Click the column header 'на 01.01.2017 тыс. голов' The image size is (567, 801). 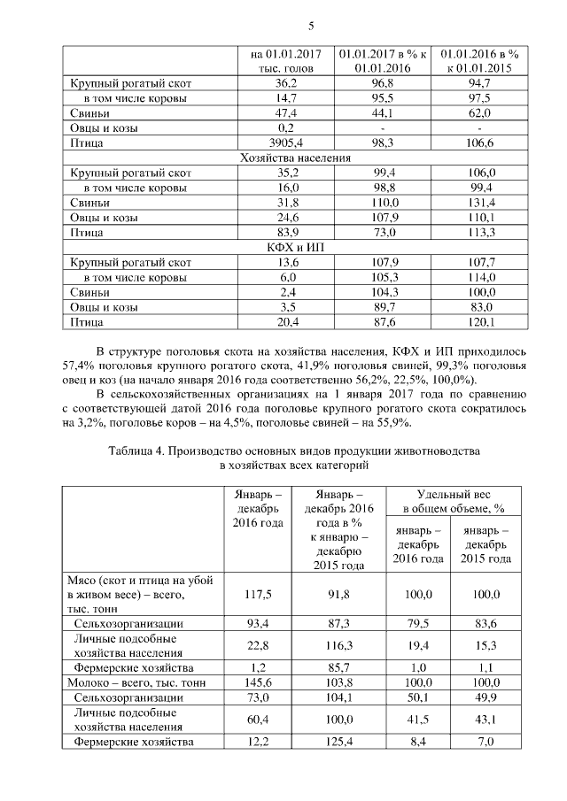[286, 58]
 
